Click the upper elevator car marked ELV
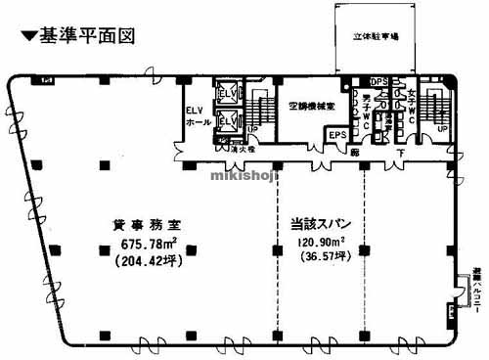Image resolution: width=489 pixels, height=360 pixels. click(x=228, y=94)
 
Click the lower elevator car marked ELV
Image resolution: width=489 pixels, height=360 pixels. click(x=228, y=120)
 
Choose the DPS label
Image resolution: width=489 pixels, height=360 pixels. click(x=379, y=82)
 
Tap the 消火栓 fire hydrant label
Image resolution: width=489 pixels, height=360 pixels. click(x=243, y=149)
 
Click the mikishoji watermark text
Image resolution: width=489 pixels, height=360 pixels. click(x=243, y=177)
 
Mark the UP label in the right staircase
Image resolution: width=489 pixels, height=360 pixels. click(x=442, y=128)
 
